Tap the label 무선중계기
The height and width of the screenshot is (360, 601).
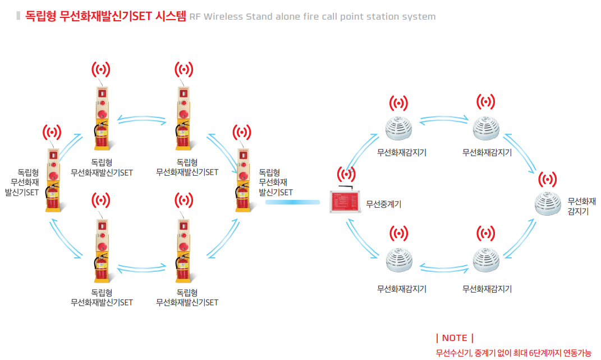tap(383, 204)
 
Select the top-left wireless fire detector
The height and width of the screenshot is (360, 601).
tap(399, 128)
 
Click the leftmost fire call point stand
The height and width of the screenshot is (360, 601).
tap(52, 180)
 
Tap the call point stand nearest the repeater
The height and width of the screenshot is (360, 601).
tap(242, 180)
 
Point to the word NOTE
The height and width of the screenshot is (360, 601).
tap(455, 338)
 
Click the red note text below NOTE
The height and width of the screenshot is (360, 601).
tap(513, 353)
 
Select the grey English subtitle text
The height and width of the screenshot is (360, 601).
tap(313, 16)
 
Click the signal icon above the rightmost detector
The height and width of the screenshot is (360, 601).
tap(547, 180)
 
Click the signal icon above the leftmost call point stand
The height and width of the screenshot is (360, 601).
tap(52, 133)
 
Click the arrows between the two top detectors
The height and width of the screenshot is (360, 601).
tap(444, 119)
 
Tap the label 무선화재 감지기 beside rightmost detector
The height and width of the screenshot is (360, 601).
tap(581, 206)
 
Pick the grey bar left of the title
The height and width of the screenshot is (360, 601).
tap(19, 16)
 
